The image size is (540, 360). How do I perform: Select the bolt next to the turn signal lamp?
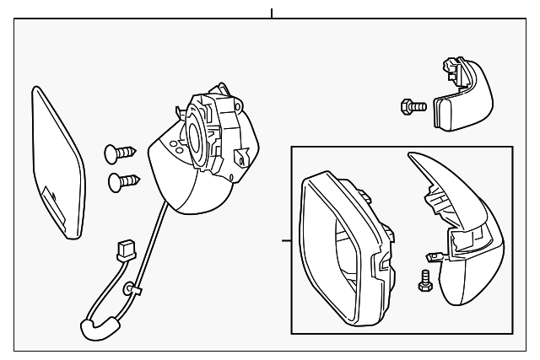tap(410, 106)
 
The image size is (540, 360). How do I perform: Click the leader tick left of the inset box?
tap(286, 241)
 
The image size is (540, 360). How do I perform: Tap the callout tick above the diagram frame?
tap(272, 13)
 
